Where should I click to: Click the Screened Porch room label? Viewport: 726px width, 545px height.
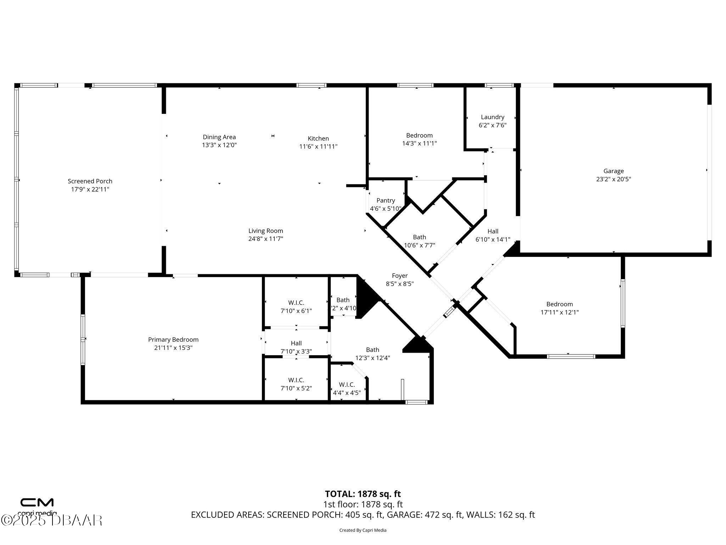pos(90,181)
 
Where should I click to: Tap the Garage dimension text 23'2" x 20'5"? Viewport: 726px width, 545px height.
pos(614,179)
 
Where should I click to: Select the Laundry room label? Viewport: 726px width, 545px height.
pos(492,117)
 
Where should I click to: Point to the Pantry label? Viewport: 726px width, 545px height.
pos(385,200)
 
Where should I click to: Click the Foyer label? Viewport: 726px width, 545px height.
pos(400,276)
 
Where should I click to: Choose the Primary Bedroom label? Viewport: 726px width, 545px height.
pos(173,340)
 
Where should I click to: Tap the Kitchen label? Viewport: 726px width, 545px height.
pos(318,138)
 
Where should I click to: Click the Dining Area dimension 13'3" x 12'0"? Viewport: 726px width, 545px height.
pos(219,145)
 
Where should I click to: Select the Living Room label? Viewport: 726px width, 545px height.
pos(266,231)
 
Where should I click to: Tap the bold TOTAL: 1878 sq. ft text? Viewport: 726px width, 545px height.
pos(363,494)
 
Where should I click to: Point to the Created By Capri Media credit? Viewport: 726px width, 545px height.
pos(363,530)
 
